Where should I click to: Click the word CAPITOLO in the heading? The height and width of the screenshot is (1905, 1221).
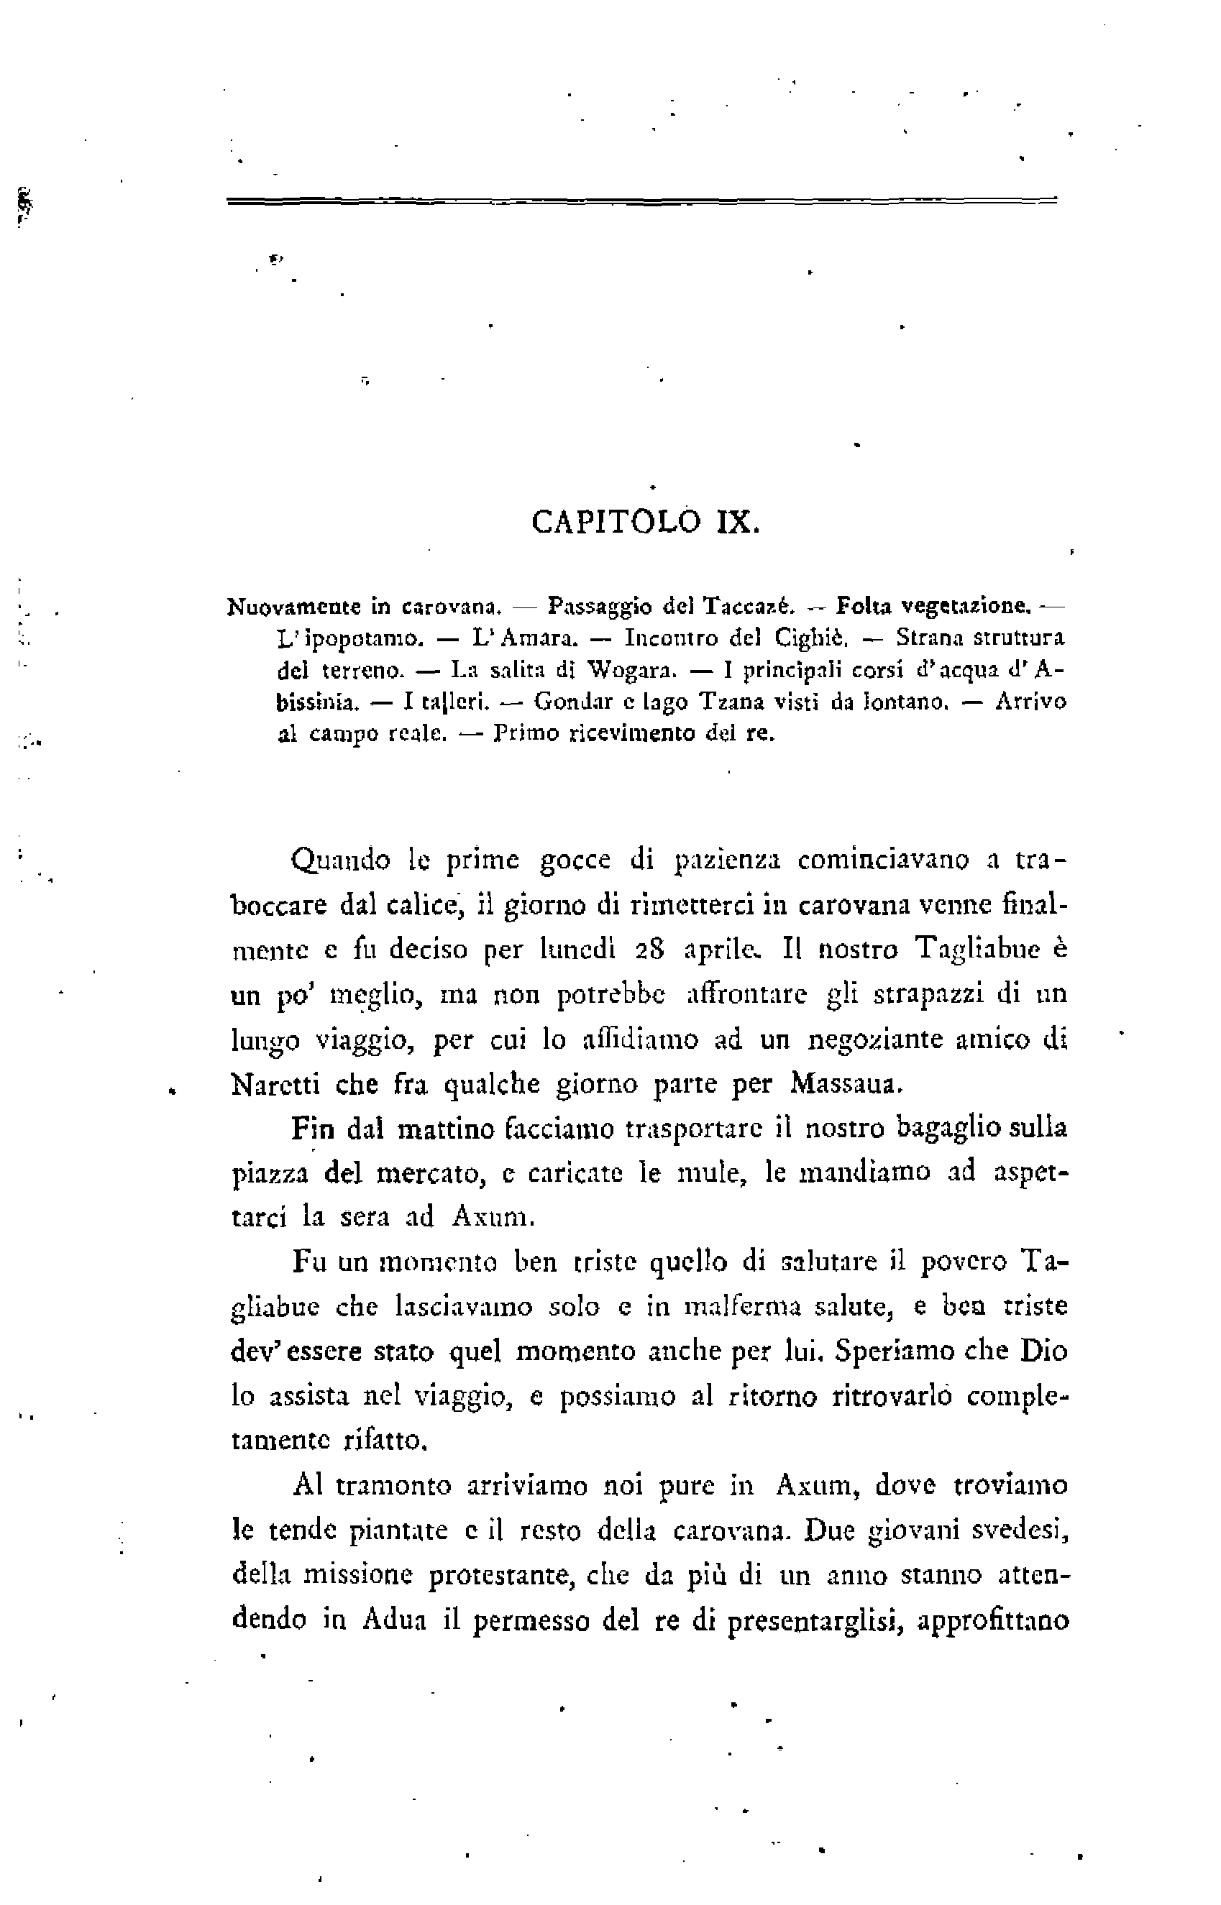(616, 523)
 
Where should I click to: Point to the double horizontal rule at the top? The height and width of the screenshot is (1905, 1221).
(642, 201)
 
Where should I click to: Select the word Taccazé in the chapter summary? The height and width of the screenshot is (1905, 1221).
(749, 607)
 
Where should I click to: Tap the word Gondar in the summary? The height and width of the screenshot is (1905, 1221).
(577, 703)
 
